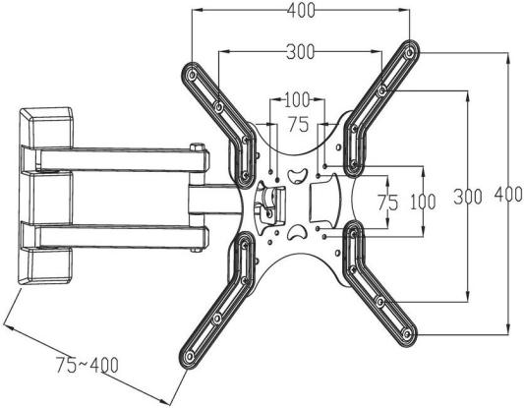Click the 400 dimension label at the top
[301, 11]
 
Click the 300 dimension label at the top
[301, 52]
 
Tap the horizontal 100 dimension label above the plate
[298, 100]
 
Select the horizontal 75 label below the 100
[299, 124]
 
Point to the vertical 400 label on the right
[508, 194]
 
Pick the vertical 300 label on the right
[468, 197]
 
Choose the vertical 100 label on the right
[423, 202]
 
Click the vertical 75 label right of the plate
[388, 203]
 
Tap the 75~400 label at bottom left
[87, 365]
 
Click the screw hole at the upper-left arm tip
[192, 75]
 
